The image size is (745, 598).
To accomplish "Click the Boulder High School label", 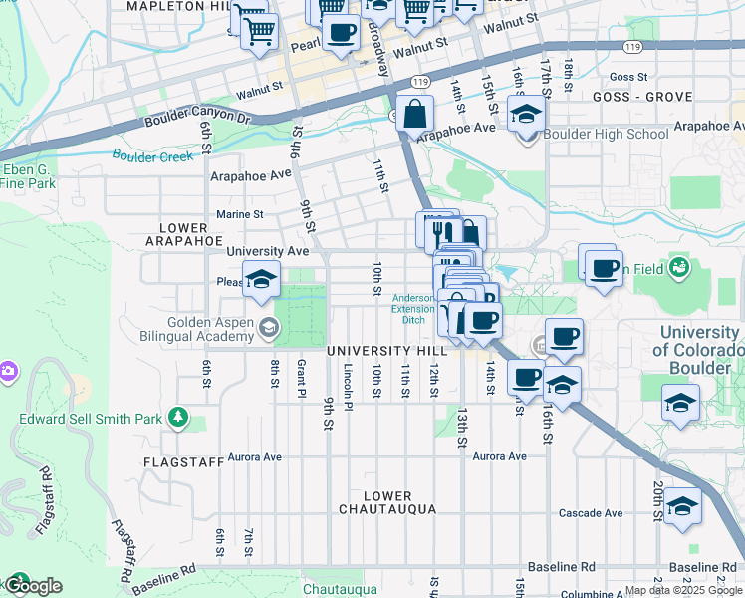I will (x=607, y=134).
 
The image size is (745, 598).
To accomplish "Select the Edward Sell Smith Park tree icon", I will (x=177, y=417).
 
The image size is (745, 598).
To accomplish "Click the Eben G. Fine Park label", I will (x=28, y=176).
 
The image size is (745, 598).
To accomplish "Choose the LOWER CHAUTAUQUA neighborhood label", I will (x=387, y=502).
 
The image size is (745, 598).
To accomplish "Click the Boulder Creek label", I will (x=152, y=156).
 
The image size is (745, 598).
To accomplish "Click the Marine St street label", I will (x=240, y=214).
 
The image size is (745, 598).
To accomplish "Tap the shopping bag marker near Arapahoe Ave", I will (x=413, y=115).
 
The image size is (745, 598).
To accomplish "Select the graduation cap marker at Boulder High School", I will (x=526, y=116).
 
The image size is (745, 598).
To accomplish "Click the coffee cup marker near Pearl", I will (x=341, y=32).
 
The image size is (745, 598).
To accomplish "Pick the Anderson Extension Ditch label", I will (x=413, y=308).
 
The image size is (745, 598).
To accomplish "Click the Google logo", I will (x=34, y=586).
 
